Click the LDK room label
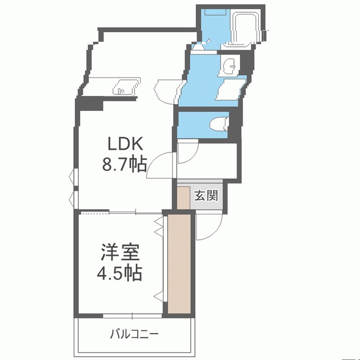point(125,143)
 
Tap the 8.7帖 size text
point(124,164)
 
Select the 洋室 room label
point(120,253)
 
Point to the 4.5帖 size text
point(119,273)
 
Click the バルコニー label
point(134,334)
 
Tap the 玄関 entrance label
point(206,196)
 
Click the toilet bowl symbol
point(219,125)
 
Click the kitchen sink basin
point(123,87)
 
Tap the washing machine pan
point(230,89)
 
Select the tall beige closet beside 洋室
point(179,264)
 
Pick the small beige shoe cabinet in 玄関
point(183,198)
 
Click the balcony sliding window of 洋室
point(133,316)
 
